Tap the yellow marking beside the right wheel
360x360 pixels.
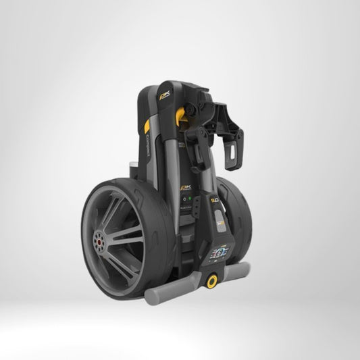pyautogui.click(x=215, y=197)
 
